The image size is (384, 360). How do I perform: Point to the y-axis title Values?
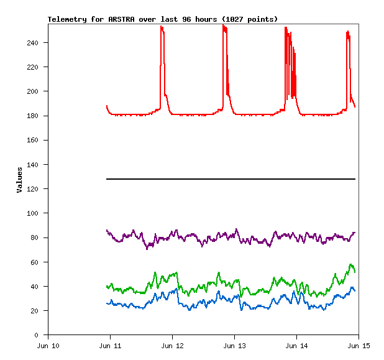(20, 180)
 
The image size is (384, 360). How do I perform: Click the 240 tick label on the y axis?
(37, 43)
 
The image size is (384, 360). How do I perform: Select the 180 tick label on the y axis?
(37, 116)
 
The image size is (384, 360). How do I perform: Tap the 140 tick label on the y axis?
(37, 165)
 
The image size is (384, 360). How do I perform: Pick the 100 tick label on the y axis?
(37, 213)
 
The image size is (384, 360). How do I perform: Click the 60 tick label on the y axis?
(39, 262)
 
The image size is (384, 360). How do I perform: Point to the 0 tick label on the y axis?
(40, 335)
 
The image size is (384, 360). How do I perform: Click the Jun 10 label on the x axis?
(48, 346)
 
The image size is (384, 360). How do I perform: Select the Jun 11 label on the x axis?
(110, 346)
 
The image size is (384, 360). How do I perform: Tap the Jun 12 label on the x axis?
(172, 346)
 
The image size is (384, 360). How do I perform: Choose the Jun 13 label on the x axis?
(234, 346)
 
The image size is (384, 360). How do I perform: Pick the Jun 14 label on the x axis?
(296, 346)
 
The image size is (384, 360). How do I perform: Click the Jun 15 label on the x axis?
(358, 346)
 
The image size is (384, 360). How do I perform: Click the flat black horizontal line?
(231, 179)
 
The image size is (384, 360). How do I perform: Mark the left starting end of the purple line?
(107, 231)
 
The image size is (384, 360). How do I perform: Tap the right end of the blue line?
(355, 290)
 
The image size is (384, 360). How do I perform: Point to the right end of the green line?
(355, 272)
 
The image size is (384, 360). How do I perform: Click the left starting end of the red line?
(107, 106)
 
